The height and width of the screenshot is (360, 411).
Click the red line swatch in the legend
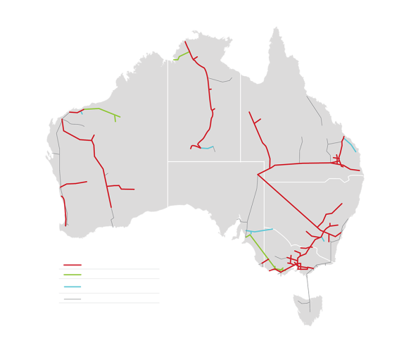pos(72,264)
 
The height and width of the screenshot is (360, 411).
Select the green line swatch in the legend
pos(72,274)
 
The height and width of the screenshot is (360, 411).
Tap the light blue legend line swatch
pos(72,286)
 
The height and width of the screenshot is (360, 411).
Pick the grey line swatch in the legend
pos(72,299)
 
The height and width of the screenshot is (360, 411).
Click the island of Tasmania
pos(308,307)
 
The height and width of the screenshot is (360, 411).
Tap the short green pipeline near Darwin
pos(182,54)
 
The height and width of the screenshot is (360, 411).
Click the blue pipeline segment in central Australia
pos(207,148)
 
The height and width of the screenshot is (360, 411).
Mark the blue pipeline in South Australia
pos(260,230)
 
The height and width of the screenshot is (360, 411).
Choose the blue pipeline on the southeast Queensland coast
pos(350,144)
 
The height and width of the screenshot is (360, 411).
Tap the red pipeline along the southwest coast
pos(64,210)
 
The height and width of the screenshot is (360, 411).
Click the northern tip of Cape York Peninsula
pos(275,29)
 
